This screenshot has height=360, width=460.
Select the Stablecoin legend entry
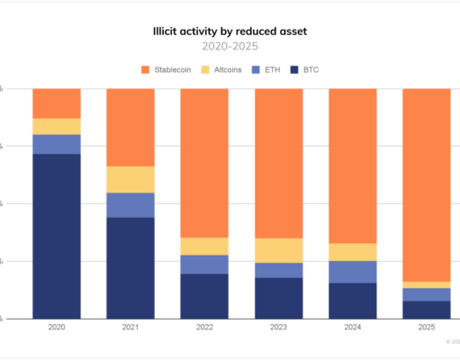click(x=170, y=69)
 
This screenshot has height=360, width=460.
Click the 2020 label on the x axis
click(x=57, y=329)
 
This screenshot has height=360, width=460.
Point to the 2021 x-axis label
click(x=131, y=329)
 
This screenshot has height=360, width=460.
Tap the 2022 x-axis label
click(x=204, y=329)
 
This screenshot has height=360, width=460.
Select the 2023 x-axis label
click(x=278, y=329)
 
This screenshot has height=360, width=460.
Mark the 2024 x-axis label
click(x=352, y=329)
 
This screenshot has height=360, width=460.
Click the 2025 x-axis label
click(x=426, y=329)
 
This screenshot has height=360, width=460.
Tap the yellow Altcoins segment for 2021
click(x=131, y=179)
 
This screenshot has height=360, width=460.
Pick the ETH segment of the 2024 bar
click(x=352, y=272)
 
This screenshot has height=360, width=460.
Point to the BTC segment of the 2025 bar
click(x=426, y=310)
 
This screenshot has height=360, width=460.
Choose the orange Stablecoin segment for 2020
click(x=57, y=103)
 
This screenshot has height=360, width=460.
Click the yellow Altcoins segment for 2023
click(x=278, y=250)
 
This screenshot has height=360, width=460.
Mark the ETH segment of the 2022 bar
click(x=204, y=264)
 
